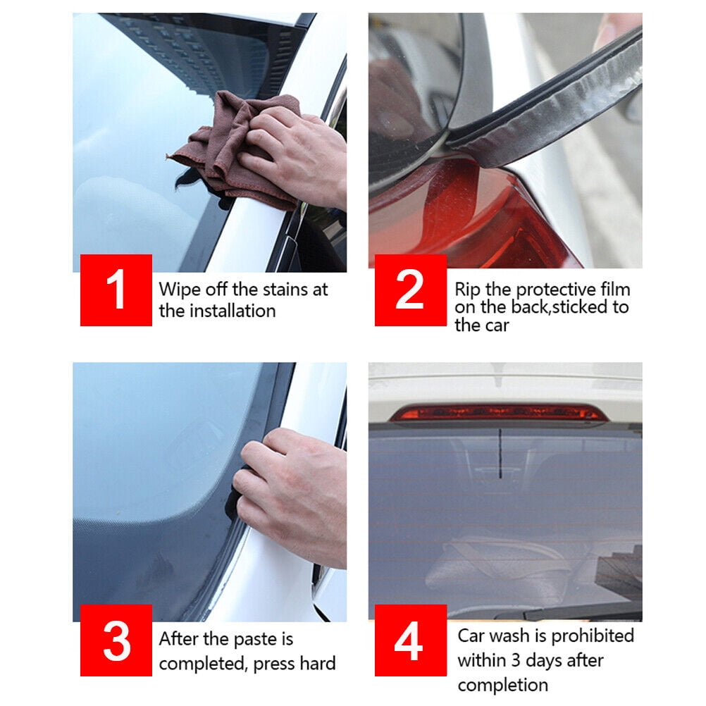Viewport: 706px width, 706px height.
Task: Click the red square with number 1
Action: pyautogui.click(x=116, y=290)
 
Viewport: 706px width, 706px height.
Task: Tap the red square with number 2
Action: pyautogui.click(x=411, y=290)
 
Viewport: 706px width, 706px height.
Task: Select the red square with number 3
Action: pyautogui.click(x=116, y=640)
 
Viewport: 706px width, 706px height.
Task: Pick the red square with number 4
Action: pyautogui.click(x=411, y=640)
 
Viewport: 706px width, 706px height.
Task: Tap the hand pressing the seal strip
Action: pyautogui.click(x=292, y=495)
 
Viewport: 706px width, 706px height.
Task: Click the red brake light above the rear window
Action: pyautogui.click(x=500, y=412)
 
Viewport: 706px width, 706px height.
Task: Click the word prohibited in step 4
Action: pyautogui.click(x=593, y=636)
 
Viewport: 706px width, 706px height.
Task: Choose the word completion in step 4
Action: pyautogui.click(x=503, y=686)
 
